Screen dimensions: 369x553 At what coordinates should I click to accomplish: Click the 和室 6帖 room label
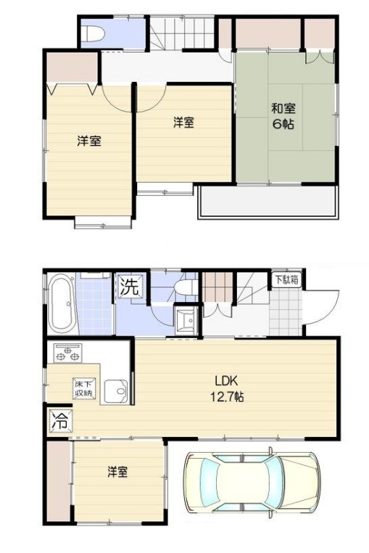coord(283,116)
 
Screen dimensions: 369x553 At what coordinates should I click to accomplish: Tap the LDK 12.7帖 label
coord(227,389)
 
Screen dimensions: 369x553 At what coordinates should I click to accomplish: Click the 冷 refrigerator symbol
coord(60,420)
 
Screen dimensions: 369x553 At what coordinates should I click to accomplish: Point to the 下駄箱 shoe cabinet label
coord(287,280)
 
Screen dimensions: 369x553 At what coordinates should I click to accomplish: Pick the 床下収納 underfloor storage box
coord(84,389)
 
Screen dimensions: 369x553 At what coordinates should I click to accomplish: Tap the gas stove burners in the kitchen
coord(67,353)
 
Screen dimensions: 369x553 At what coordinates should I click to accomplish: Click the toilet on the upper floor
coord(93,34)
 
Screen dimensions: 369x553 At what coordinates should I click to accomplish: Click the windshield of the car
coord(275,483)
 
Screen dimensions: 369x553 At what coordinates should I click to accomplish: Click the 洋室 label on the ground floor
coord(117,472)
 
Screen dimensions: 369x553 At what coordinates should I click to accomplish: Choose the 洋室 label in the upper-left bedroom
coord(89,141)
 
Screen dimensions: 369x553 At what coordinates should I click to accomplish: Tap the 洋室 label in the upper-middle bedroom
coord(183,123)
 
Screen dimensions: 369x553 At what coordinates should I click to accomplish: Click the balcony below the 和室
coord(268,202)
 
